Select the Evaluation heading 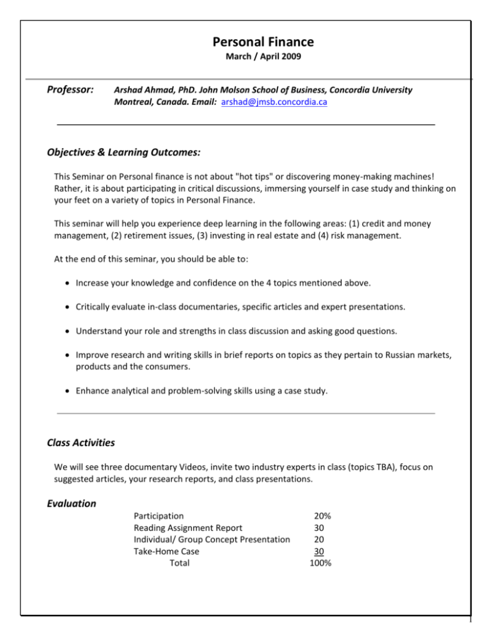(72, 504)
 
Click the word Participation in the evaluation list (159, 516)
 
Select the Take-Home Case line (166, 552)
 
